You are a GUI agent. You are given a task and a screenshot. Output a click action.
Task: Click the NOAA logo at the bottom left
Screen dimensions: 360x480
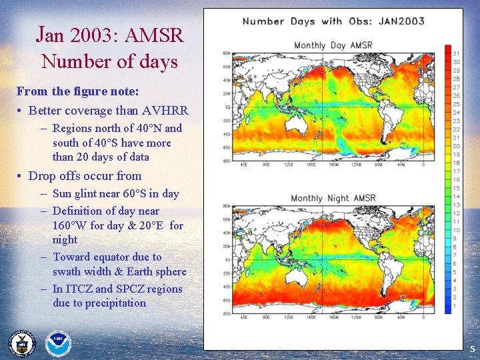pos(58,344)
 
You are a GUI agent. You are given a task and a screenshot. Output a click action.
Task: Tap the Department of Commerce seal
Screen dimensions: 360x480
pos(21,344)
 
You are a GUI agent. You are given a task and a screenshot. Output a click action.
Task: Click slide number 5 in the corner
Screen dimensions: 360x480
pos(472,349)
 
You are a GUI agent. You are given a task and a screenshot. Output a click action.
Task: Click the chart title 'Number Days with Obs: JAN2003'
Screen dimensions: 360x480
pos(333,21)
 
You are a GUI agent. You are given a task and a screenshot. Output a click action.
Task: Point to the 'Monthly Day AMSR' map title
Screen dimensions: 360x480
pos(333,45)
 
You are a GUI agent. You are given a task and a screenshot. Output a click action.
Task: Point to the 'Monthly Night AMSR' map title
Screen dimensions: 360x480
pos(333,198)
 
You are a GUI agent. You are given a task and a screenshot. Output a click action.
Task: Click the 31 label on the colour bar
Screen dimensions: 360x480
pos(457,53)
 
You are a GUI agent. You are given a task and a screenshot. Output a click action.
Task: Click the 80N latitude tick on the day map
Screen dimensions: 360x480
pos(226,53)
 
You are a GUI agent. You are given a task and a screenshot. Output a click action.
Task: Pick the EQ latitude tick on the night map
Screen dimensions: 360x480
pos(227,259)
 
